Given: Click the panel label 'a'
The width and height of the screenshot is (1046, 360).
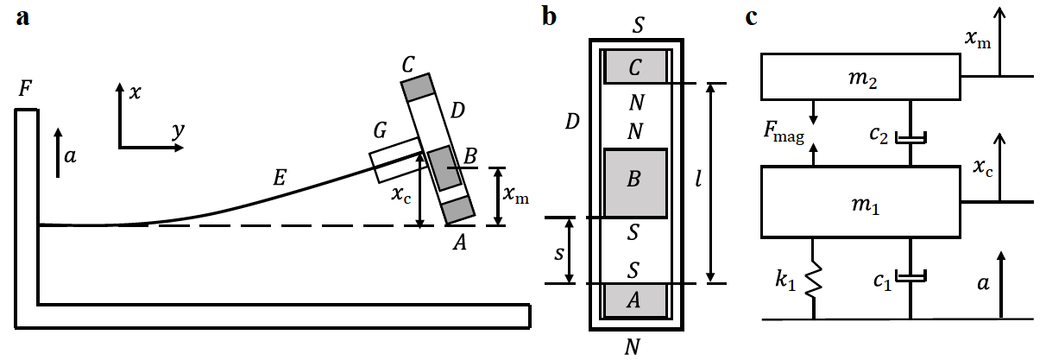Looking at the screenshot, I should click(x=23, y=18).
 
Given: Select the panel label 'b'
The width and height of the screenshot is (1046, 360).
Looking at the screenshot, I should click(x=549, y=17).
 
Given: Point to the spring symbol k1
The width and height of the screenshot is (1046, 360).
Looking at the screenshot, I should click(x=812, y=281).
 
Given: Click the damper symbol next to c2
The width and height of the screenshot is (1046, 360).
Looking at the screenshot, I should click(x=910, y=137).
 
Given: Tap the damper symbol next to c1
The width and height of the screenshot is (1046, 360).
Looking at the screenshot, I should click(x=910, y=276).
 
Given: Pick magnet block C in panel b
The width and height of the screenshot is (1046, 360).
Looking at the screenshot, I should click(x=635, y=66).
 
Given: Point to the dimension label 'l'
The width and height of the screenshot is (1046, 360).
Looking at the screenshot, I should click(x=698, y=182).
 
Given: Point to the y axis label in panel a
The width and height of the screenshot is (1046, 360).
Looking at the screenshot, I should click(x=178, y=130).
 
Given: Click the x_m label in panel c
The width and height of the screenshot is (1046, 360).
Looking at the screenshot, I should click(x=978, y=38).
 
